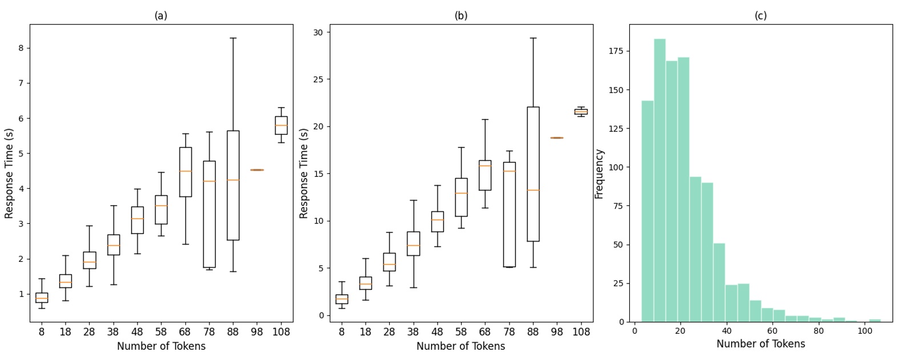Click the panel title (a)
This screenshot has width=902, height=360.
[x=161, y=16]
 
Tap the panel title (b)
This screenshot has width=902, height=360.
[x=460, y=16]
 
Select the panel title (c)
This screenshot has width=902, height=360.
[x=761, y=16]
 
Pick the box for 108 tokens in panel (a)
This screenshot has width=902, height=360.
[x=281, y=126]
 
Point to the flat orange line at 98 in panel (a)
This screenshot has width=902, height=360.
[x=257, y=170]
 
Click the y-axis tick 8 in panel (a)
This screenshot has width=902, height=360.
[x=21, y=48]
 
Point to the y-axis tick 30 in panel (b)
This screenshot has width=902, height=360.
[x=318, y=33]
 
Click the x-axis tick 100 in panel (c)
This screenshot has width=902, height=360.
[x=864, y=330]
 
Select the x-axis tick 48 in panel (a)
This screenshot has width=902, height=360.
[x=137, y=331]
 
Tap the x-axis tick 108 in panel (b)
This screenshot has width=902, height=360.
[x=581, y=331]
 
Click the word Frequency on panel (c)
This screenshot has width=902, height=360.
[x=599, y=174]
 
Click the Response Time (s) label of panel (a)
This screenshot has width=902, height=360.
[x=9, y=173]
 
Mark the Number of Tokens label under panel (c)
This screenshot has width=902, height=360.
[x=761, y=344]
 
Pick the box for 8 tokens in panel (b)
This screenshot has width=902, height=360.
[x=341, y=299]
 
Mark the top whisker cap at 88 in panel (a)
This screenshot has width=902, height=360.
[x=233, y=38]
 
